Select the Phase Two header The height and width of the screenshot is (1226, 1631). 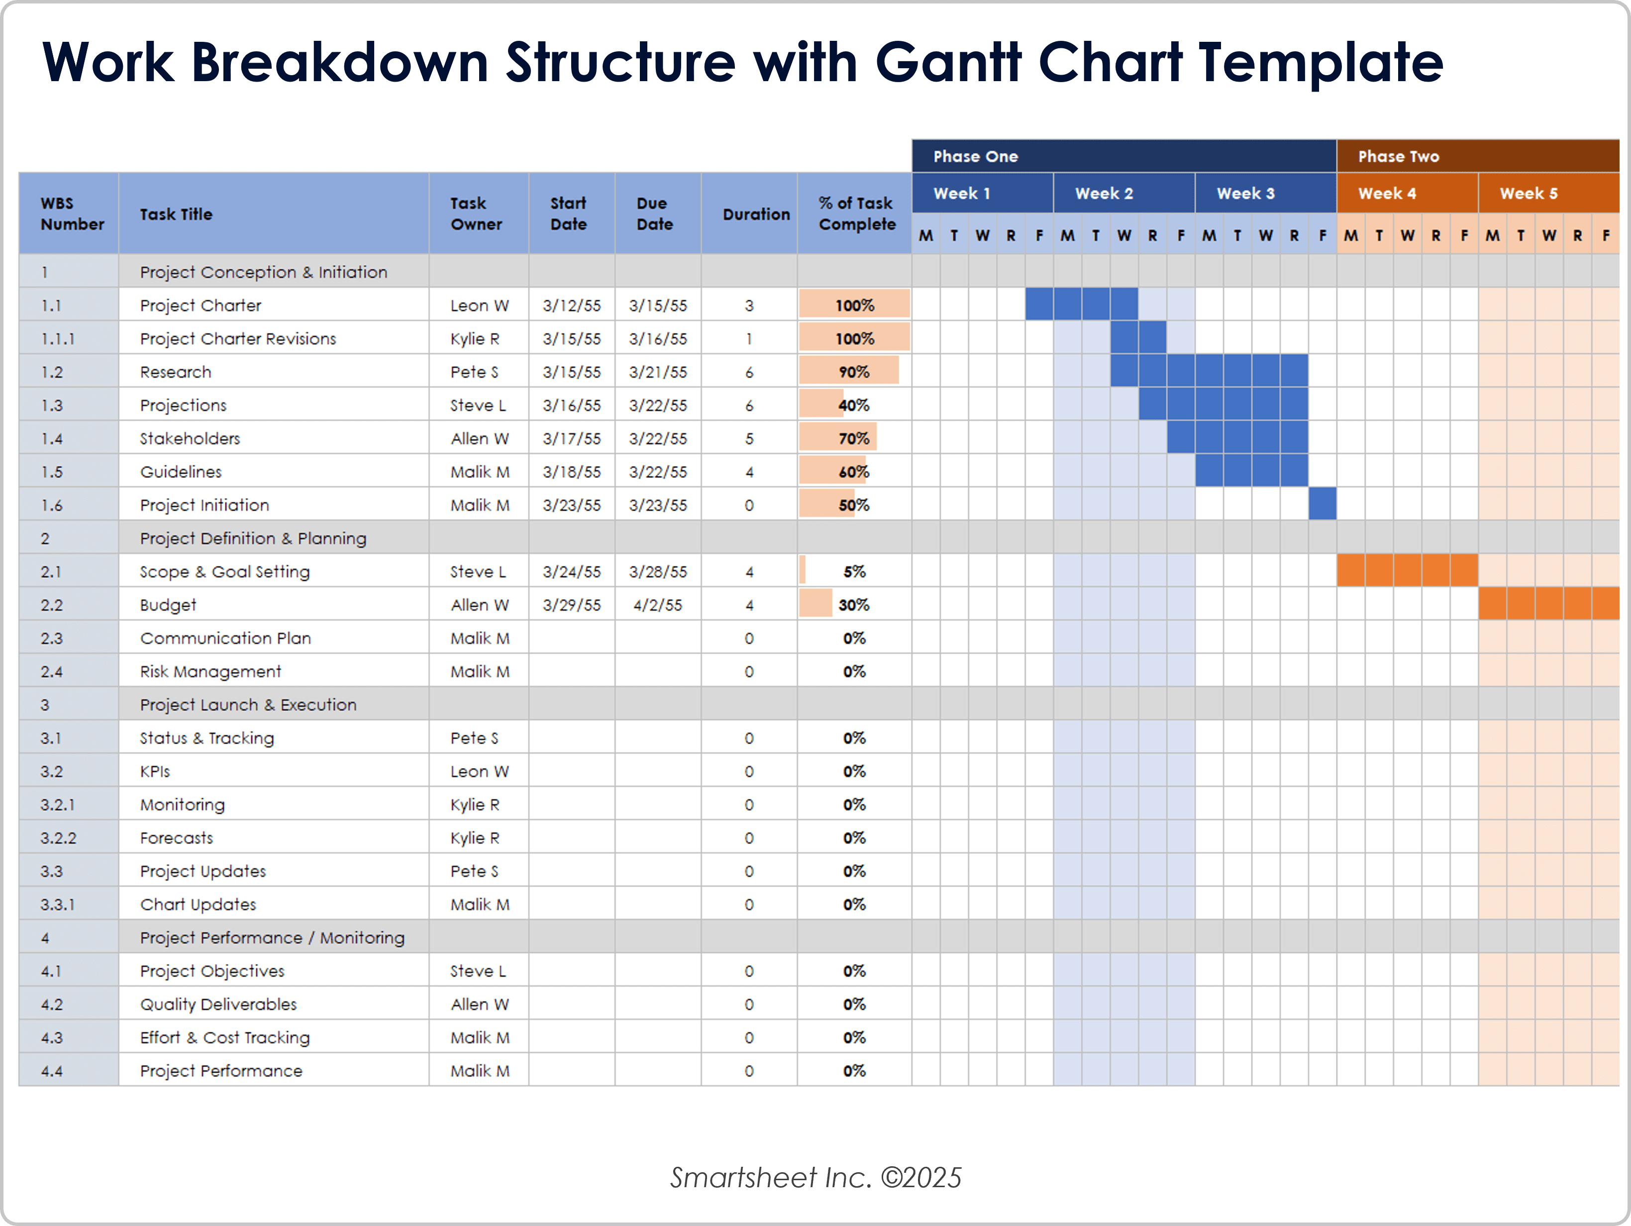tap(1398, 156)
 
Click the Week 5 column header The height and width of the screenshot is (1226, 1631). tap(1528, 193)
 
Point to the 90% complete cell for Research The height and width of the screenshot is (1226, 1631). tap(853, 372)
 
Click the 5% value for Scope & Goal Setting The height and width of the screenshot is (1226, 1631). tap(854, 572)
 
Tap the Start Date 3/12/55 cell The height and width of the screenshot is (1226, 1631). tap(571, 306)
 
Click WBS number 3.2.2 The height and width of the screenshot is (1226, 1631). tap(58, 838)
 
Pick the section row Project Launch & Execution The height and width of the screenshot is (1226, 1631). tap(248, 704)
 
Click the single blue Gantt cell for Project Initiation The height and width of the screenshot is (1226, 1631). tap(1322, 505)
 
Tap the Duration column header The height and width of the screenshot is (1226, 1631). tap(756, 214)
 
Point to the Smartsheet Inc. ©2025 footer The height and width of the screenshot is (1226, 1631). tap(815, 1177)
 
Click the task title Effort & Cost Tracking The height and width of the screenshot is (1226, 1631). tap(225, 1037)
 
